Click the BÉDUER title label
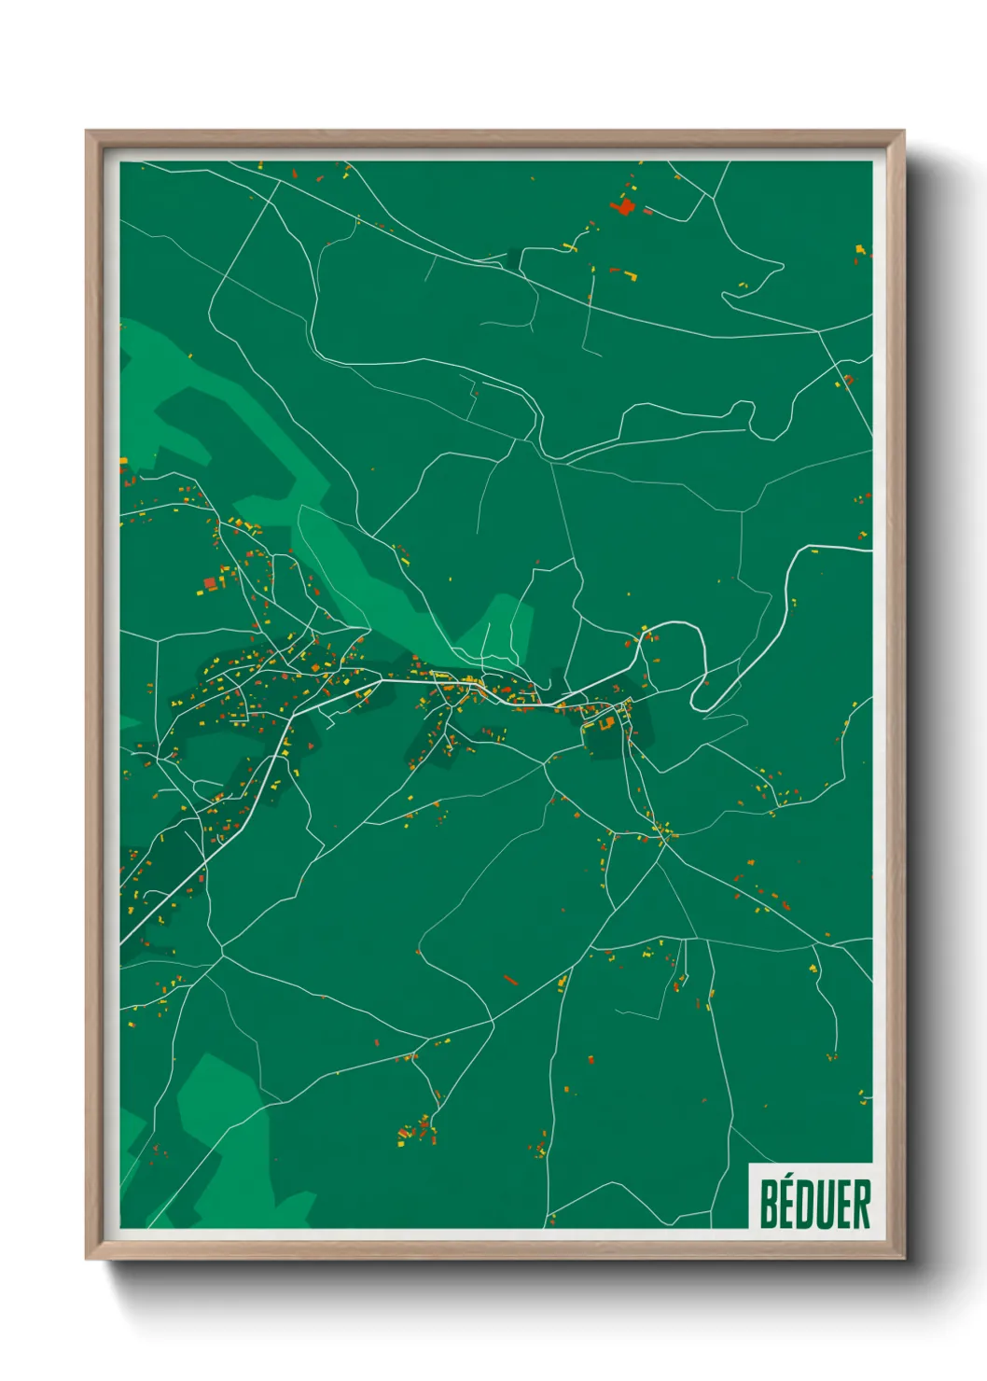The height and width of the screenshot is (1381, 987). click(x=814, y=1204)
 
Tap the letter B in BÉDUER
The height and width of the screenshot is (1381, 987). click(x=770, y=1204)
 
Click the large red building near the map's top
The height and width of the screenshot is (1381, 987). click(x=623, y=205)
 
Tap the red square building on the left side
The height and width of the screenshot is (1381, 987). click(x=210, y=584)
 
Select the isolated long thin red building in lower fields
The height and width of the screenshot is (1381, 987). click(x=510, y=980)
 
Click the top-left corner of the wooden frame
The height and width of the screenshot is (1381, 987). click(x=87, y=133)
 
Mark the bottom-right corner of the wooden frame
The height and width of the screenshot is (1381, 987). click(x=903, y=1259)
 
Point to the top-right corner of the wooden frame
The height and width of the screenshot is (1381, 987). click(x=903, y=133)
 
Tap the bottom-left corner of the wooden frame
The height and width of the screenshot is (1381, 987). click(x=87, y=1259)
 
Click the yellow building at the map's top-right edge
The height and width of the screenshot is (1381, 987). click(x=860, y=249)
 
